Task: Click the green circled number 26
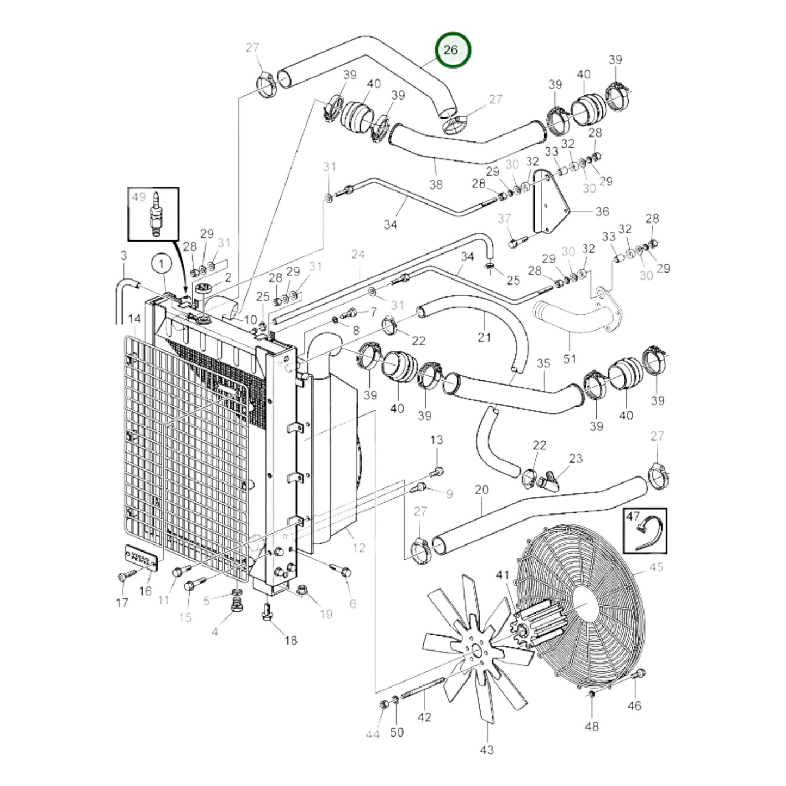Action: [x=451, y=50]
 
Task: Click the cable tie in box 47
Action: [x=648, y=533]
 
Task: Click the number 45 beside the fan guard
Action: [x=657, y=567]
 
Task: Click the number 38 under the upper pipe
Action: [x=436, y=184]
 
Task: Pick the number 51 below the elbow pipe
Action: [x=570, y=358]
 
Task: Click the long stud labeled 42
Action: [x=423, y=689]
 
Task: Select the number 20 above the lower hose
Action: [x=481, y=490]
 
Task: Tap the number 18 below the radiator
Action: [x=291, y=640]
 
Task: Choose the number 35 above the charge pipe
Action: [x=543, y=363]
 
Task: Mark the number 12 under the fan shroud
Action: [x=358, y=548]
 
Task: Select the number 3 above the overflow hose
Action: [x=123, y=255]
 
